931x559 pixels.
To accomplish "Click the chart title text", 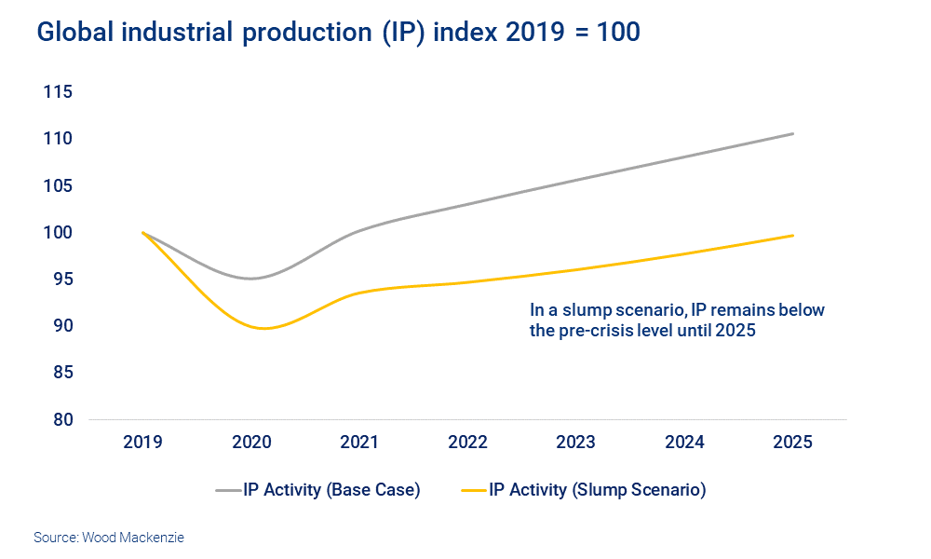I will click(338, 33).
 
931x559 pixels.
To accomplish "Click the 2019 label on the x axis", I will click(142, 443).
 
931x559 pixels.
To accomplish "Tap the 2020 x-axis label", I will click(251, 443).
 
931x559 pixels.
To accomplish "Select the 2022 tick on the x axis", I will click(468, 443).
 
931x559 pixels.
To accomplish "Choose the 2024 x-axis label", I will click(684, 443).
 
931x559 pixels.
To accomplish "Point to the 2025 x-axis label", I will click(793, 443).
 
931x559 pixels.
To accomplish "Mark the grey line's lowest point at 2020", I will click(251, 278).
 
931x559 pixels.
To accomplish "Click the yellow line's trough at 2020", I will click(263, 328).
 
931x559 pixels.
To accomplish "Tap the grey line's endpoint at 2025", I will click(793, 133).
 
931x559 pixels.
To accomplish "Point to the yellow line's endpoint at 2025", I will click(793, 235).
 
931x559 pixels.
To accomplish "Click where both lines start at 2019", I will click(142, 232).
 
